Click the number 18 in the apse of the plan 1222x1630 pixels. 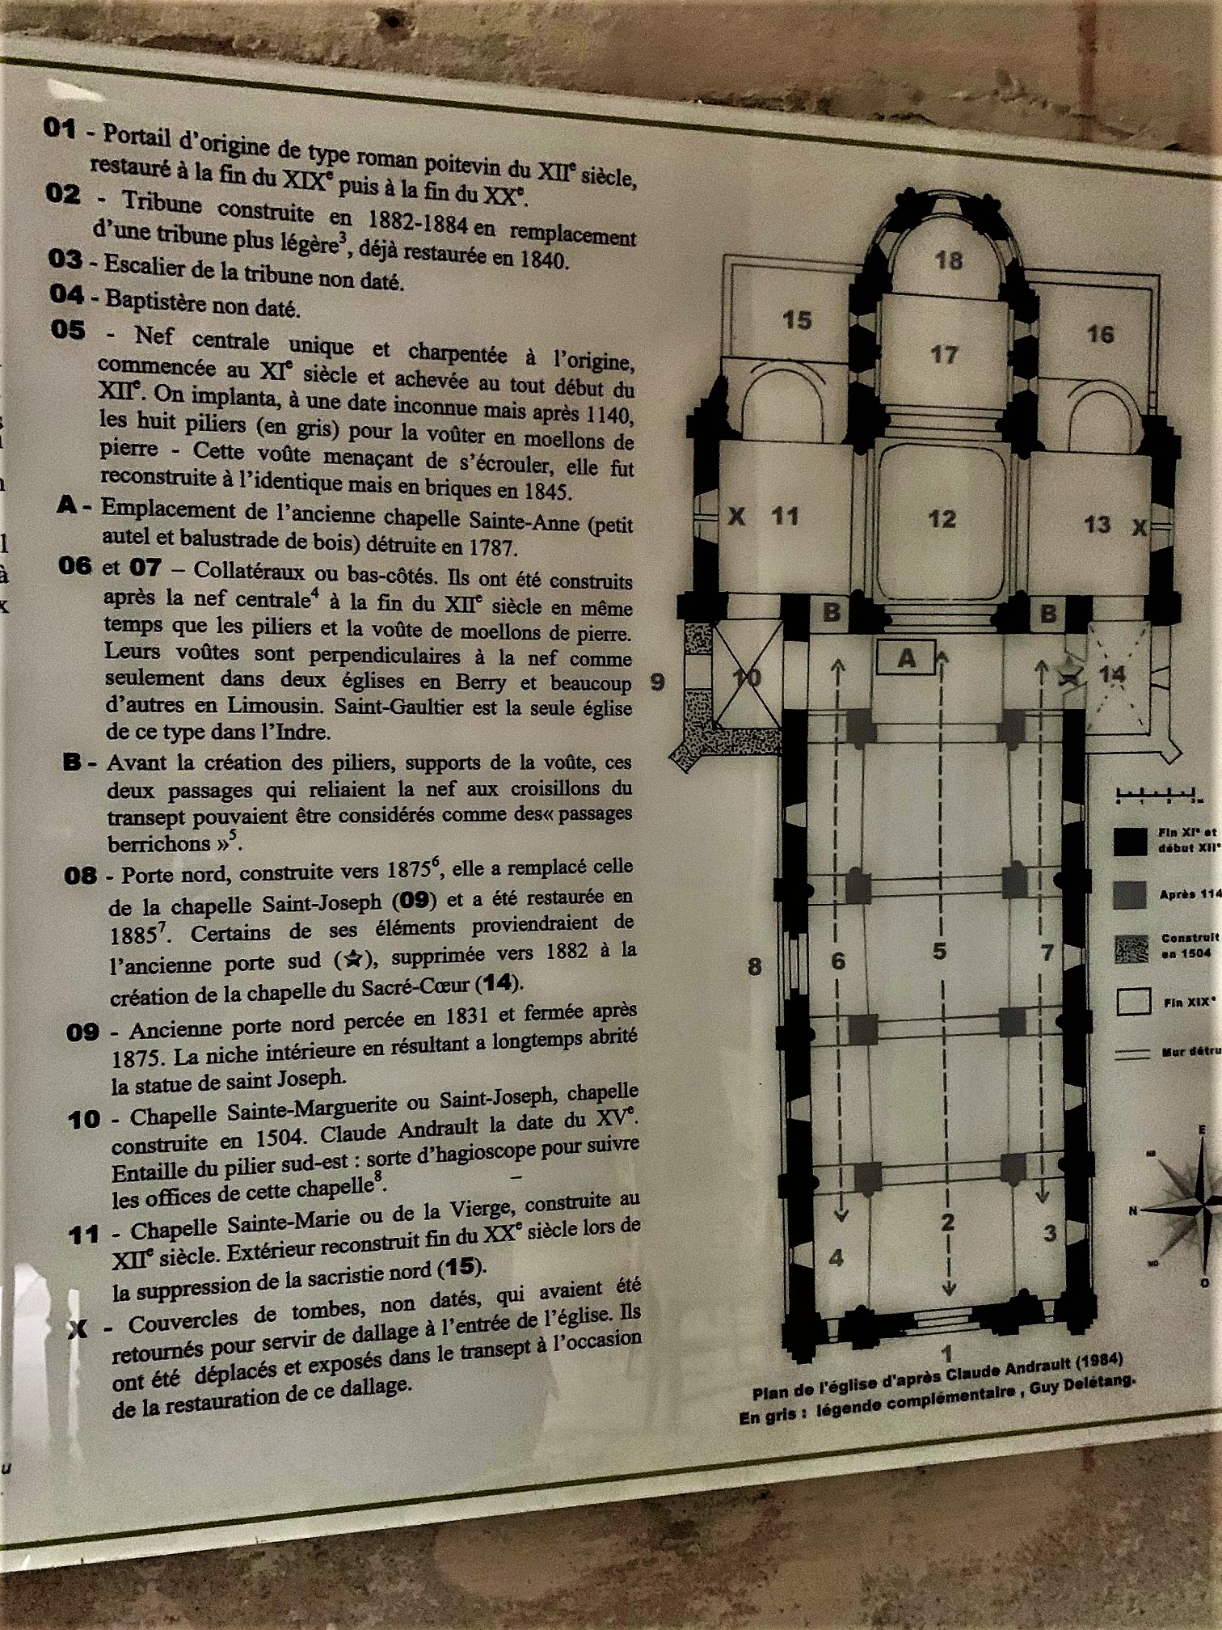(949, 260)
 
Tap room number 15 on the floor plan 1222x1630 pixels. (796, 320)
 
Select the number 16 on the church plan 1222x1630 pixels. (1100, 334)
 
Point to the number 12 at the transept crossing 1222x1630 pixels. (942, 518)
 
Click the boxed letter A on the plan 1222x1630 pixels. (907, 659)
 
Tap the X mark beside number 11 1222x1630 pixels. (736, 516)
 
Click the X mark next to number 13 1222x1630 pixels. (1140, 528)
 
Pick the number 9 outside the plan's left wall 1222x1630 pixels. (658, 682)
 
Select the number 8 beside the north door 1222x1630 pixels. (754, 965)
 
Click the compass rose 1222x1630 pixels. (1192, 1206)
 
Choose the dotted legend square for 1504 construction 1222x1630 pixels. (1131, 949)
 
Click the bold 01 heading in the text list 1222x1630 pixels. (60, 129)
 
